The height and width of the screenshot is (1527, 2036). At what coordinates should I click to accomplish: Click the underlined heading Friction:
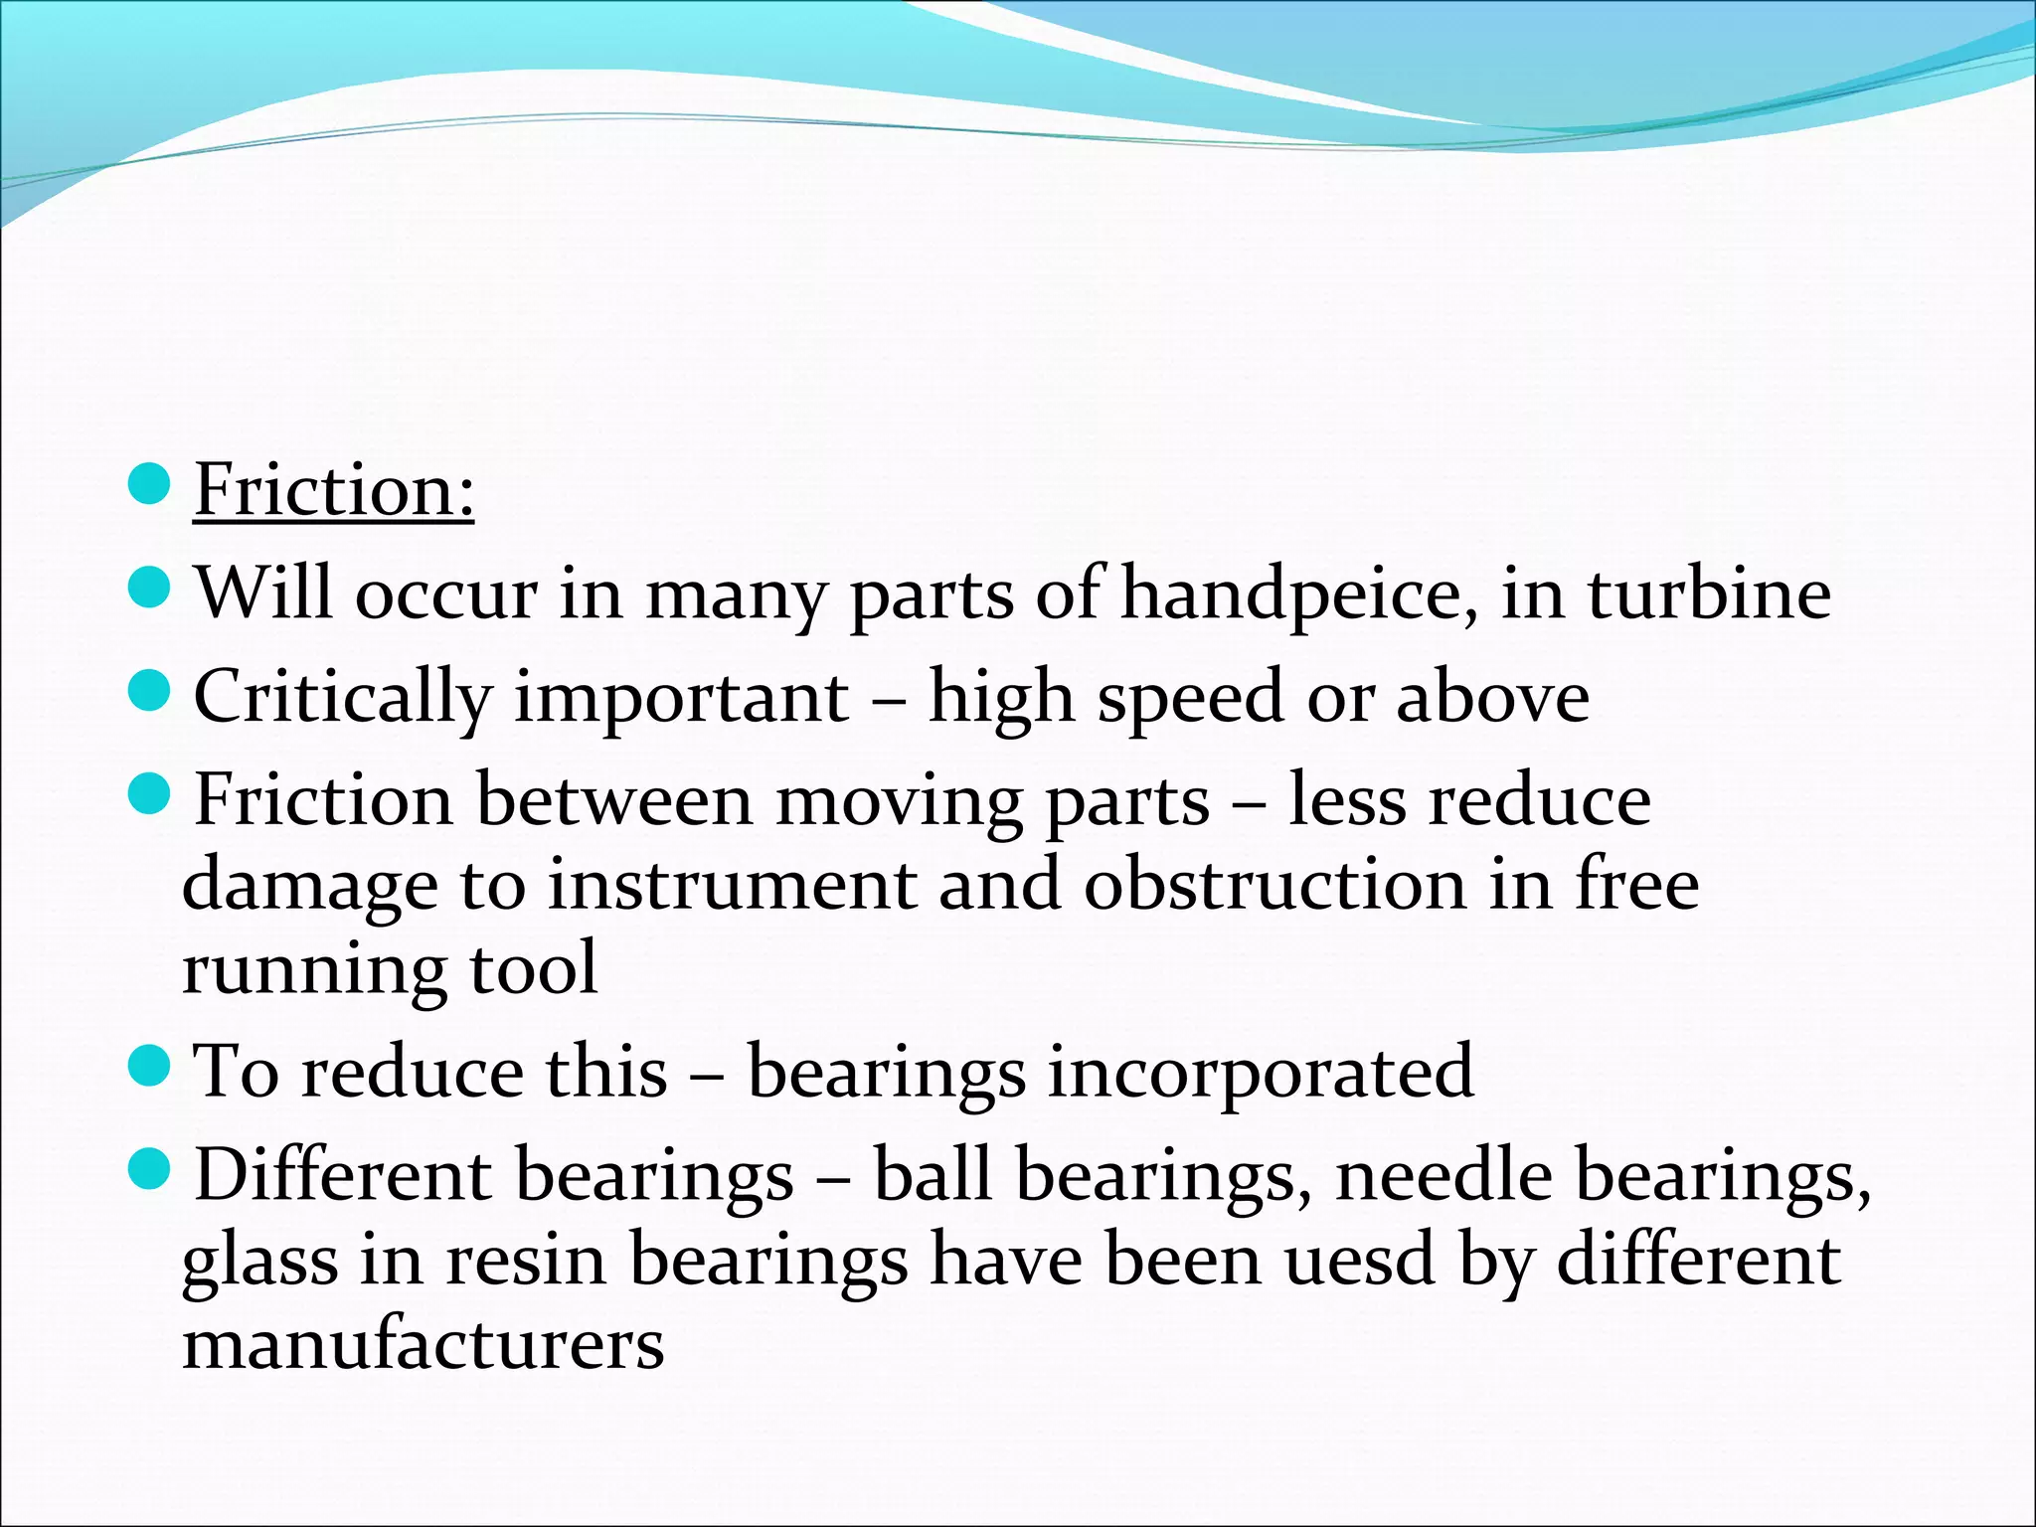point(333,490)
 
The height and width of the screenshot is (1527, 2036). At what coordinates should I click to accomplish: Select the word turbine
point(1709,594)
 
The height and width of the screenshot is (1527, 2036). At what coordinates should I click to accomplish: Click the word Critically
point(342,698)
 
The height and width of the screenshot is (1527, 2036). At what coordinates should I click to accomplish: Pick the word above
point(1492,697)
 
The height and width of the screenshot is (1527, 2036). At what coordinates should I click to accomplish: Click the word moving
point(899,800)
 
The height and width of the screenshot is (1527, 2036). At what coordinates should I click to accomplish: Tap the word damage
point(309,886)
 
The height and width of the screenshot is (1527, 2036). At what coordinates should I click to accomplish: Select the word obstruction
point(1274,884)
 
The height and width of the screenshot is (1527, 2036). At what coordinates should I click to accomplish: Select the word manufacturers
point(424,1344)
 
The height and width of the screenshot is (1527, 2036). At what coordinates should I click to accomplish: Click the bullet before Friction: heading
point(151,483)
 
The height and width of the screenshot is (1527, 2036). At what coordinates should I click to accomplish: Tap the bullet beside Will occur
point(151,588)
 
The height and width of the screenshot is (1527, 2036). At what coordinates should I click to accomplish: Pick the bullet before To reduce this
point(151,1066)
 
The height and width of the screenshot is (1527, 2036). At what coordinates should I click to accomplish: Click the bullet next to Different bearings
point(151,1169)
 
